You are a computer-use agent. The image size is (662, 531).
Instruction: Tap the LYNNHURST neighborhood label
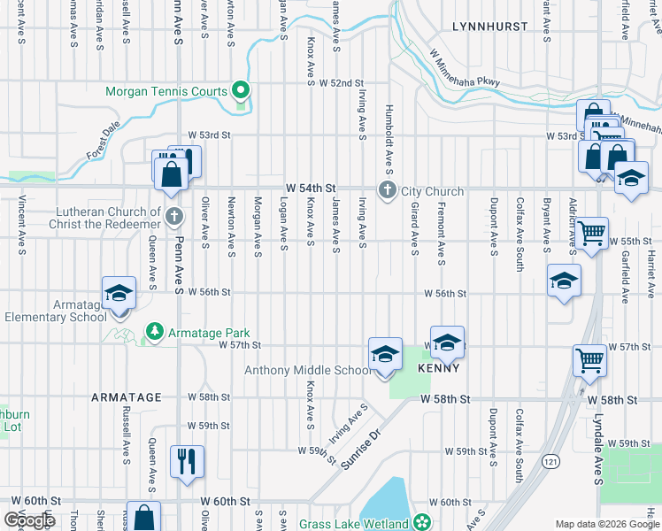pyautogui.click(x=488, y=27)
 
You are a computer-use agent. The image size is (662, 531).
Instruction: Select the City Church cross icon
pyautogui.click(x=387, y=190)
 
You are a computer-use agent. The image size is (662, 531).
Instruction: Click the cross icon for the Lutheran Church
pyautogui.click(x=174, y=215)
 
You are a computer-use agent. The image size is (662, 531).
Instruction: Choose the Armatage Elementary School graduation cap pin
pyautogui.click(x=119, y=296)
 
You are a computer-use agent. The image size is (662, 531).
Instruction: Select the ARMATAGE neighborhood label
pyautogui.click(x=127, y=398)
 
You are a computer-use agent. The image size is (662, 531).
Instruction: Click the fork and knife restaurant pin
pyautogui.click(x=187, y=461)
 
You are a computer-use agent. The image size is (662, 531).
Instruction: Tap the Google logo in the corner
pyautogui.click(x=30, y=520)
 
